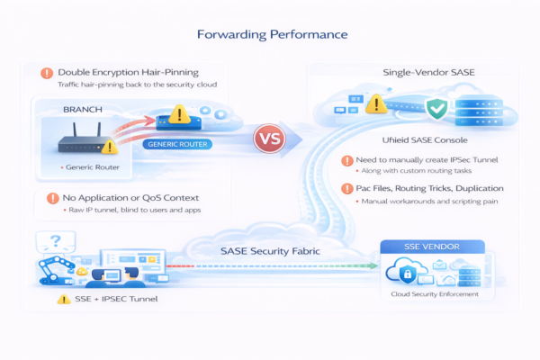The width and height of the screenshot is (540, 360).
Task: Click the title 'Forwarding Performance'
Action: tap(269, 36)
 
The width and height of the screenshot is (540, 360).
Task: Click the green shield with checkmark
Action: tap(436, 110)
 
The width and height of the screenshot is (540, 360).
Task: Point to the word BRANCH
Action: tap(84, 106)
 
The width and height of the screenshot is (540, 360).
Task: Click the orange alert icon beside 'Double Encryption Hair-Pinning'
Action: tap(46, 72)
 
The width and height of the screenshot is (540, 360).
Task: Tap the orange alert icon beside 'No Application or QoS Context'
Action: tap(46, 197)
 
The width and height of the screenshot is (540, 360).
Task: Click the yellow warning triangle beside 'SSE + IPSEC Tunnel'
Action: tap(64, 299)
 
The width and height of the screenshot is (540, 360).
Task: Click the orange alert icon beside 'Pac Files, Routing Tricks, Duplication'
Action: tap(347, 188)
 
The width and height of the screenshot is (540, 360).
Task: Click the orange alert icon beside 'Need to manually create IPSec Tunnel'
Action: tap(347, 161)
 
